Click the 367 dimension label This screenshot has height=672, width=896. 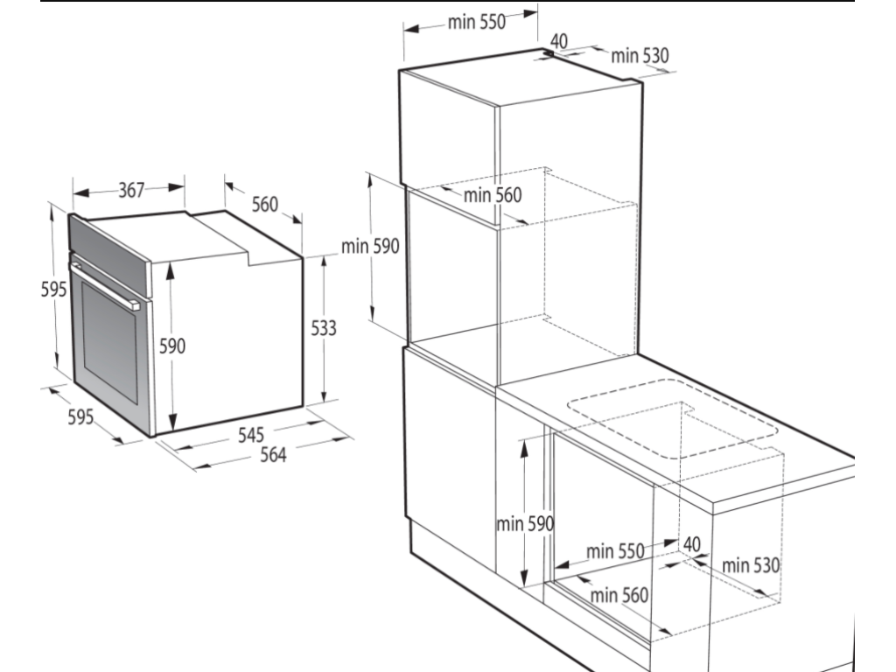[131, 190]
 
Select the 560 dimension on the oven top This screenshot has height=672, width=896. [264, 204]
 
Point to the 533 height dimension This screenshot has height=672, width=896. [324, 328]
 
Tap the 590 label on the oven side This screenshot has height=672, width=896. [172, 346]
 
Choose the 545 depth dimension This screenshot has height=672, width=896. [251, 435]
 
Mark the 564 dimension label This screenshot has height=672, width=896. [273, 455]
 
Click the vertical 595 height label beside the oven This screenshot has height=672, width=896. [53, 289]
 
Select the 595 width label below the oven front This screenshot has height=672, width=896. [80, 416]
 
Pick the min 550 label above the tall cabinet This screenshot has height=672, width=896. [477, 22]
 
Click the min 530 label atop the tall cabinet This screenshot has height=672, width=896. [640, 55]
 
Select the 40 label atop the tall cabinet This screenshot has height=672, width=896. [559, 41]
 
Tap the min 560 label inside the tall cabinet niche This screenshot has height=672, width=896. [493, 195]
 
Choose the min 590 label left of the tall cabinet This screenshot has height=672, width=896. [370, 246]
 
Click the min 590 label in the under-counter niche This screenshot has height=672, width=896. [525, 523]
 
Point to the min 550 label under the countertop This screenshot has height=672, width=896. [615, 551]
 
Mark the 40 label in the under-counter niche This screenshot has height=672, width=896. [691, 544]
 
